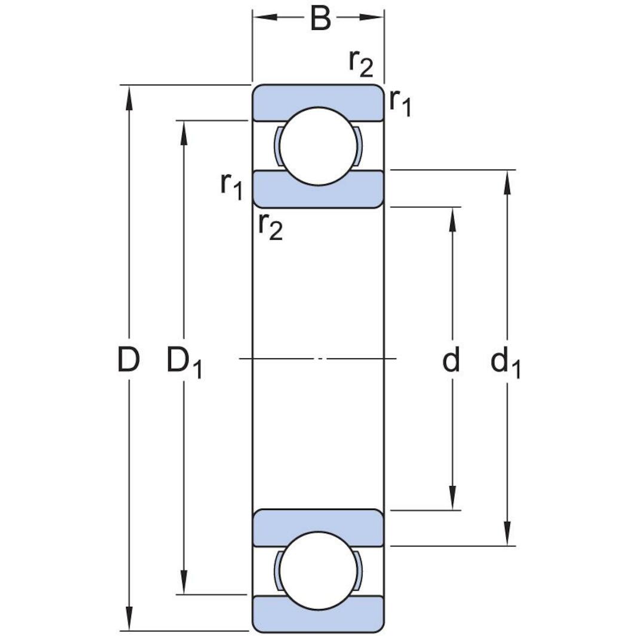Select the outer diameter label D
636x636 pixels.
click(128, 360)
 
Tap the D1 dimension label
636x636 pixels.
click(184, 362)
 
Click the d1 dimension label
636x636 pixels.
click(505, 363)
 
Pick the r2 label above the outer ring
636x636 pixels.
click(360, 63)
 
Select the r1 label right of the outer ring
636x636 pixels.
click(400, 103)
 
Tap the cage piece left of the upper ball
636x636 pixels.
click(277, 146)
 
